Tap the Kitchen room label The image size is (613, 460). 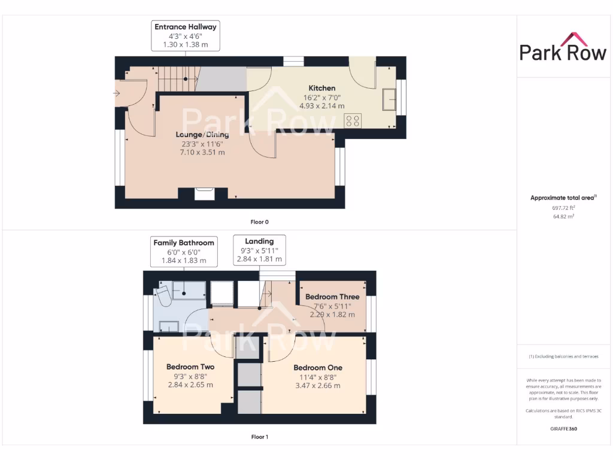pyautogui.click(x=321, y=88)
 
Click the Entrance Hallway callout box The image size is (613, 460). pyautogui.click(x=186, y=36)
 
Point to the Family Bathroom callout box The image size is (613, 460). pyautogui.click(x=184, y=252)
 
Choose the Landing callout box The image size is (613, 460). pyautogui.click(x=259, y=250)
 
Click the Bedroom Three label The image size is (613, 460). pyautogui.click(x=332, y=296)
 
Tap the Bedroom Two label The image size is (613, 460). pyautogui.click(x=190, y=367)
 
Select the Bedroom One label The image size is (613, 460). pyautogui.click(x=318, y=368)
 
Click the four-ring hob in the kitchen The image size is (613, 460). pyautogui.click(x=353, y=120)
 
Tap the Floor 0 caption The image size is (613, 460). pyautogui.click(x=259, y=222)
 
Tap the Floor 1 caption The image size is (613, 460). pyautogui.click(x=259, y=437)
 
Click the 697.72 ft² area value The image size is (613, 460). pyautogui.click(x=563, y=208)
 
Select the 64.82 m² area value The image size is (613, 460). pyautogui.click(x=563, y=217)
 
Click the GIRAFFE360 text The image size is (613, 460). pyautogui.click(x=563, y=429)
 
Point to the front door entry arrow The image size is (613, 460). pyautogui.click(x=116, y=93)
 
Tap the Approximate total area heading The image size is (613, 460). pyautogui.click(x=563, y=198)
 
